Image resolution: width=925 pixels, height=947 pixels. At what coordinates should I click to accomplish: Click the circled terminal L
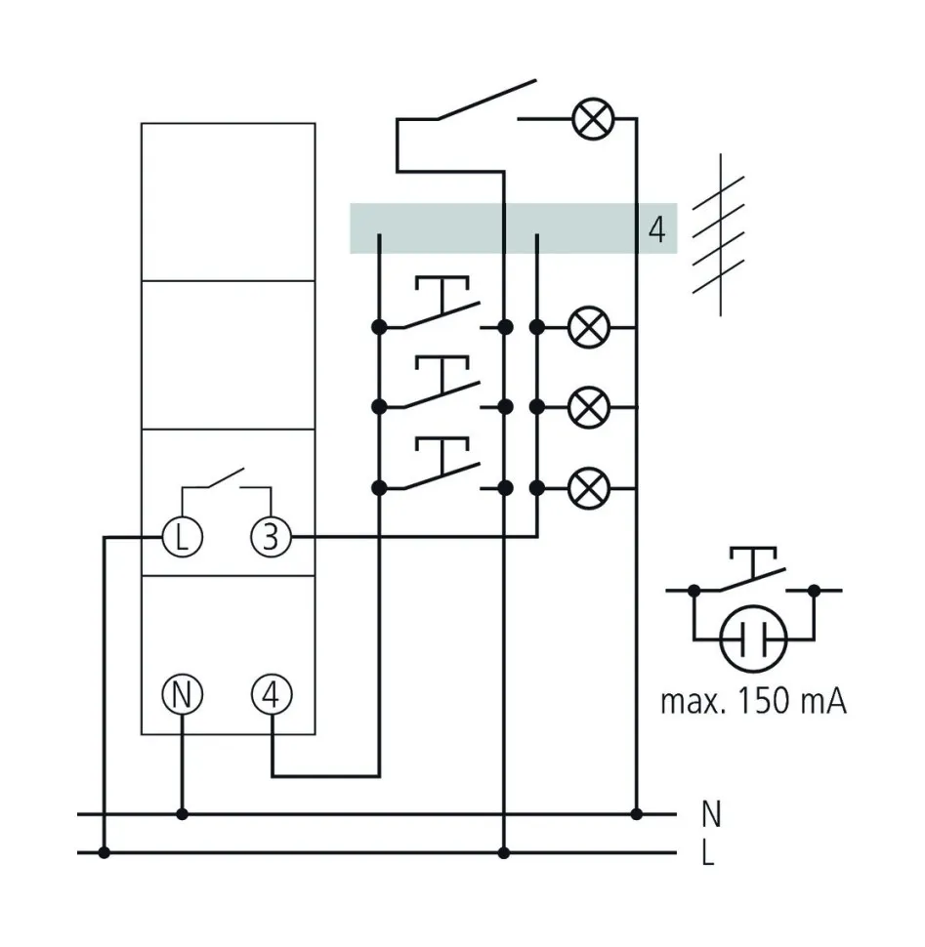click(181, 537)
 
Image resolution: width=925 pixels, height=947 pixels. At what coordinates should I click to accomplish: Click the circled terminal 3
click(271, 537)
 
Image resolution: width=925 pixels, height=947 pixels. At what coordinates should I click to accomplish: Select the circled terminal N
click(181, 695)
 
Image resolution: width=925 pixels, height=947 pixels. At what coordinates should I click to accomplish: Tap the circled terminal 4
click(271, 695)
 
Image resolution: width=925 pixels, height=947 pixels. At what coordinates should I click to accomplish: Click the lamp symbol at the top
click(590, 119)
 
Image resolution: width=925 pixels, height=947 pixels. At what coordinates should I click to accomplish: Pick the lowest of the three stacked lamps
click(588, 486)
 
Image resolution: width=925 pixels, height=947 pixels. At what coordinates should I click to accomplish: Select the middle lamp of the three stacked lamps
click(588, 406)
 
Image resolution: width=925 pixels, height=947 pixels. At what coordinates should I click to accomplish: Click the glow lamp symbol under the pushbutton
click(753, 640)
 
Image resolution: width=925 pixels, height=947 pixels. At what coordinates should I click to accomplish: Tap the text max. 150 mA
click(752, 701)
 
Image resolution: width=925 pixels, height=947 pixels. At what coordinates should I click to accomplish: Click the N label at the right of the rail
click(711, 812)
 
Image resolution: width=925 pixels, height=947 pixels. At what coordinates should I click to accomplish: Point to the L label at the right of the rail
click(708, 853)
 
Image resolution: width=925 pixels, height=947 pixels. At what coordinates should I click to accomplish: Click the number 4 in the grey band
click(656, 230)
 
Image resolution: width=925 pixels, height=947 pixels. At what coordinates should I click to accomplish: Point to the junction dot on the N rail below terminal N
click(181, 813)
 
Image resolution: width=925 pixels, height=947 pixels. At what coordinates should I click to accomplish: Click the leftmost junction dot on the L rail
click(105, 853)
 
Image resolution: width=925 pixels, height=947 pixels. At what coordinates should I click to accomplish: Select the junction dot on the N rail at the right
click(636, 813)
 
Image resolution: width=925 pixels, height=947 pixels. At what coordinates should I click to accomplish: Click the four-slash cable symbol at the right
click(720, 234)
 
